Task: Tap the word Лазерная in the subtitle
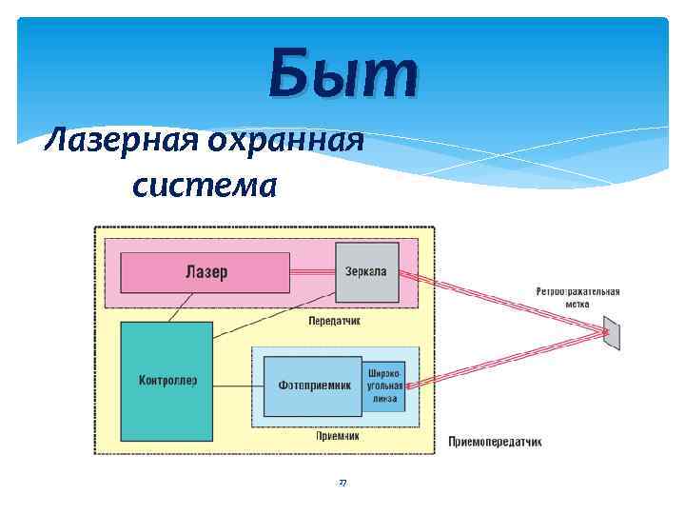[x=115, y=142]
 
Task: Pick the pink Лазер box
[x=205, y=272]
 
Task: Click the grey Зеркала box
[x=366, y=272]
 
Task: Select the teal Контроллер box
[x=167, y=381]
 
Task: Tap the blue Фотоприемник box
[x=312, y=385]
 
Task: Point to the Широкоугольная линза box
[x=383, y=385]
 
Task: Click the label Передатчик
[x=334, y=321]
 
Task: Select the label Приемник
[x=337, y=437]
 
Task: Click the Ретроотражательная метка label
[x=577, y=297]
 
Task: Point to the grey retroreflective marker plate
[x=611, y=333]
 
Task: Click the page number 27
[x=342, y=484]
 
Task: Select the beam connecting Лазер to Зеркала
[x=312, y=271]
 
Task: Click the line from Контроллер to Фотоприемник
[x=238, y=385]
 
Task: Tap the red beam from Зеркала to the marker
[x=504, y=303]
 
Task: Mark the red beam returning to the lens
[x=504, y=360]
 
